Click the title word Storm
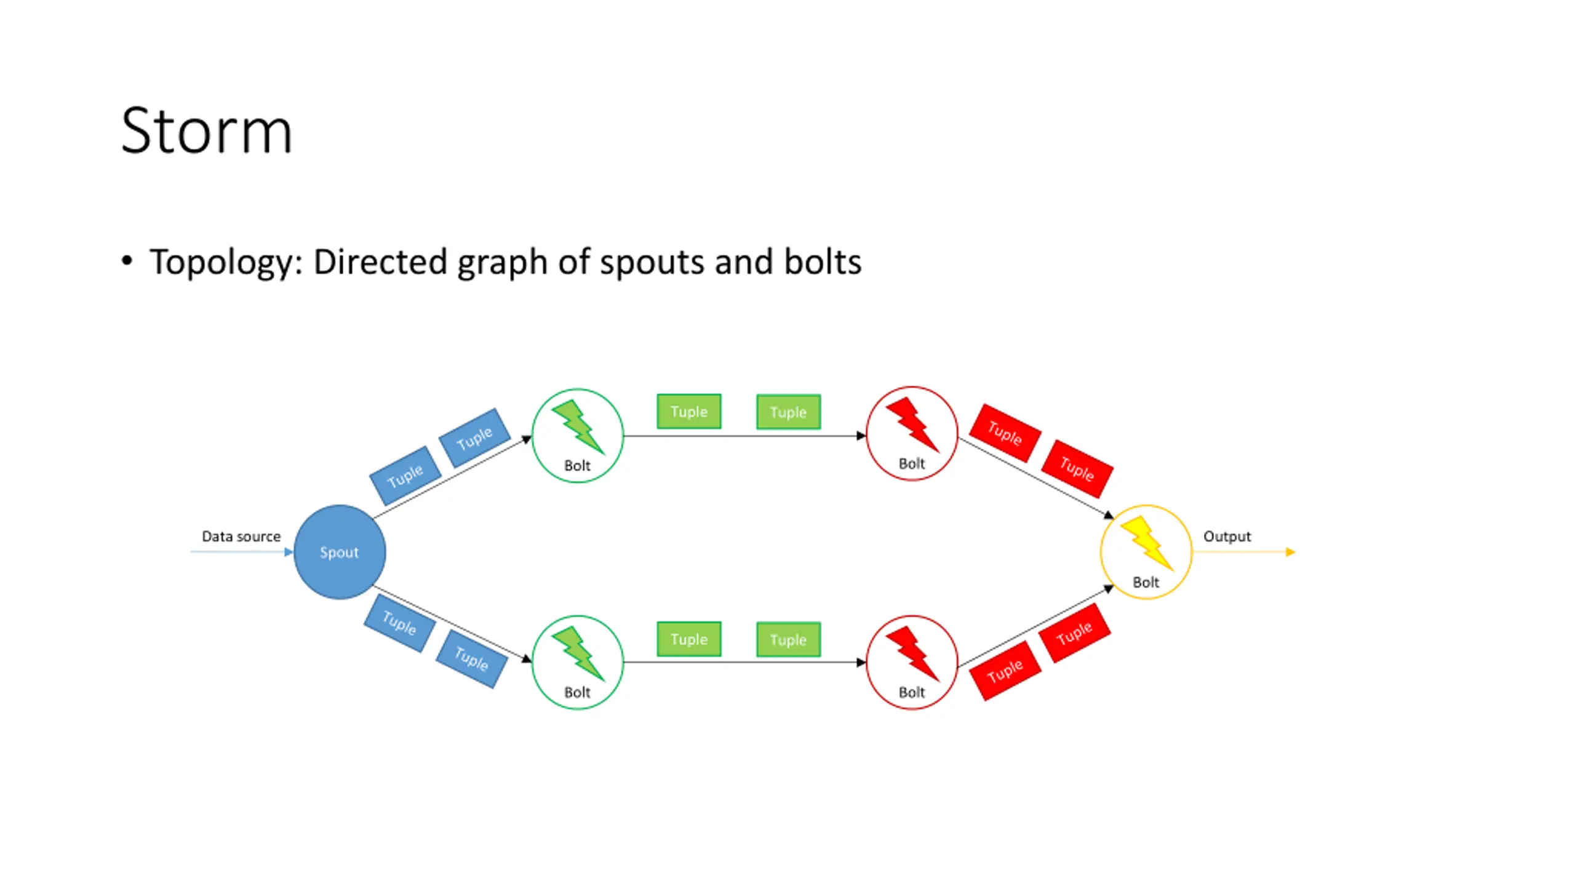(x=206, y=130)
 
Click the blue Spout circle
(x=340, y=552)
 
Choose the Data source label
(x=241, y=537)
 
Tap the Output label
(x=1227, y=537)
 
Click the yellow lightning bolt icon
(x=1147, y=543)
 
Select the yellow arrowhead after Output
(x=1291, y=552)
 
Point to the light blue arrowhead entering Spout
(x=289, y=552)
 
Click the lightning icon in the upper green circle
(x=578, y=427)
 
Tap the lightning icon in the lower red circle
(x=912, y=653)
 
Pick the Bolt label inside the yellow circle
(x=1146, y=582)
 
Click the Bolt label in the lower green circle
(x=577, y=692)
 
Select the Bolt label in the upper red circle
(x=912, y=463)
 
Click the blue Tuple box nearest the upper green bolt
(x=474, y=438)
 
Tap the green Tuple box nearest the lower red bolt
(x=788, y=640)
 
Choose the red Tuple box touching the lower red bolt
(x=1005, y=671)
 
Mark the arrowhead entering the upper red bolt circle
(x=861, y=436)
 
